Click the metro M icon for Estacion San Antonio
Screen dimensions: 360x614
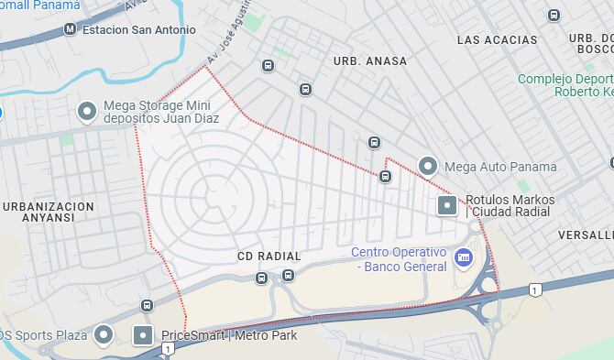coord(70,29)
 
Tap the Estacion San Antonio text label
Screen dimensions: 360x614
coord(139,29)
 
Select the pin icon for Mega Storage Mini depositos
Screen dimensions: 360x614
coord(87,112)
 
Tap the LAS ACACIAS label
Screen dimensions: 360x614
coord(497,39)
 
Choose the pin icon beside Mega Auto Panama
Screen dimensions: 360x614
coord(427,167)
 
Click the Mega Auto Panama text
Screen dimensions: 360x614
coord(499,167)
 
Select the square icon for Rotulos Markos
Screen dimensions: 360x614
coord(447,205)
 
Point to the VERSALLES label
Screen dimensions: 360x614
coord(585,235)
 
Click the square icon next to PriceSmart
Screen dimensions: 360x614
coord(144,335)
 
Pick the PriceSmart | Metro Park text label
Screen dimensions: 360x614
coord(229,335)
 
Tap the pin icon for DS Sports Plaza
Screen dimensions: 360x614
coord(103,335)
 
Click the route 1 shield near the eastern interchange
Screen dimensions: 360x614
coord(535,290)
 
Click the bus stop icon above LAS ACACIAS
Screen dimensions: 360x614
coord(554,15)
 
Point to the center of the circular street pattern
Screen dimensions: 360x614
coord(210,195)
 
